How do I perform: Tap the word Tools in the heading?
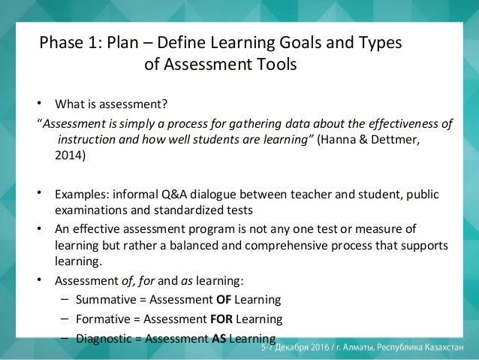[x=276, y=65]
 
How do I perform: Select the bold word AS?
[x=219, y=337]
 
